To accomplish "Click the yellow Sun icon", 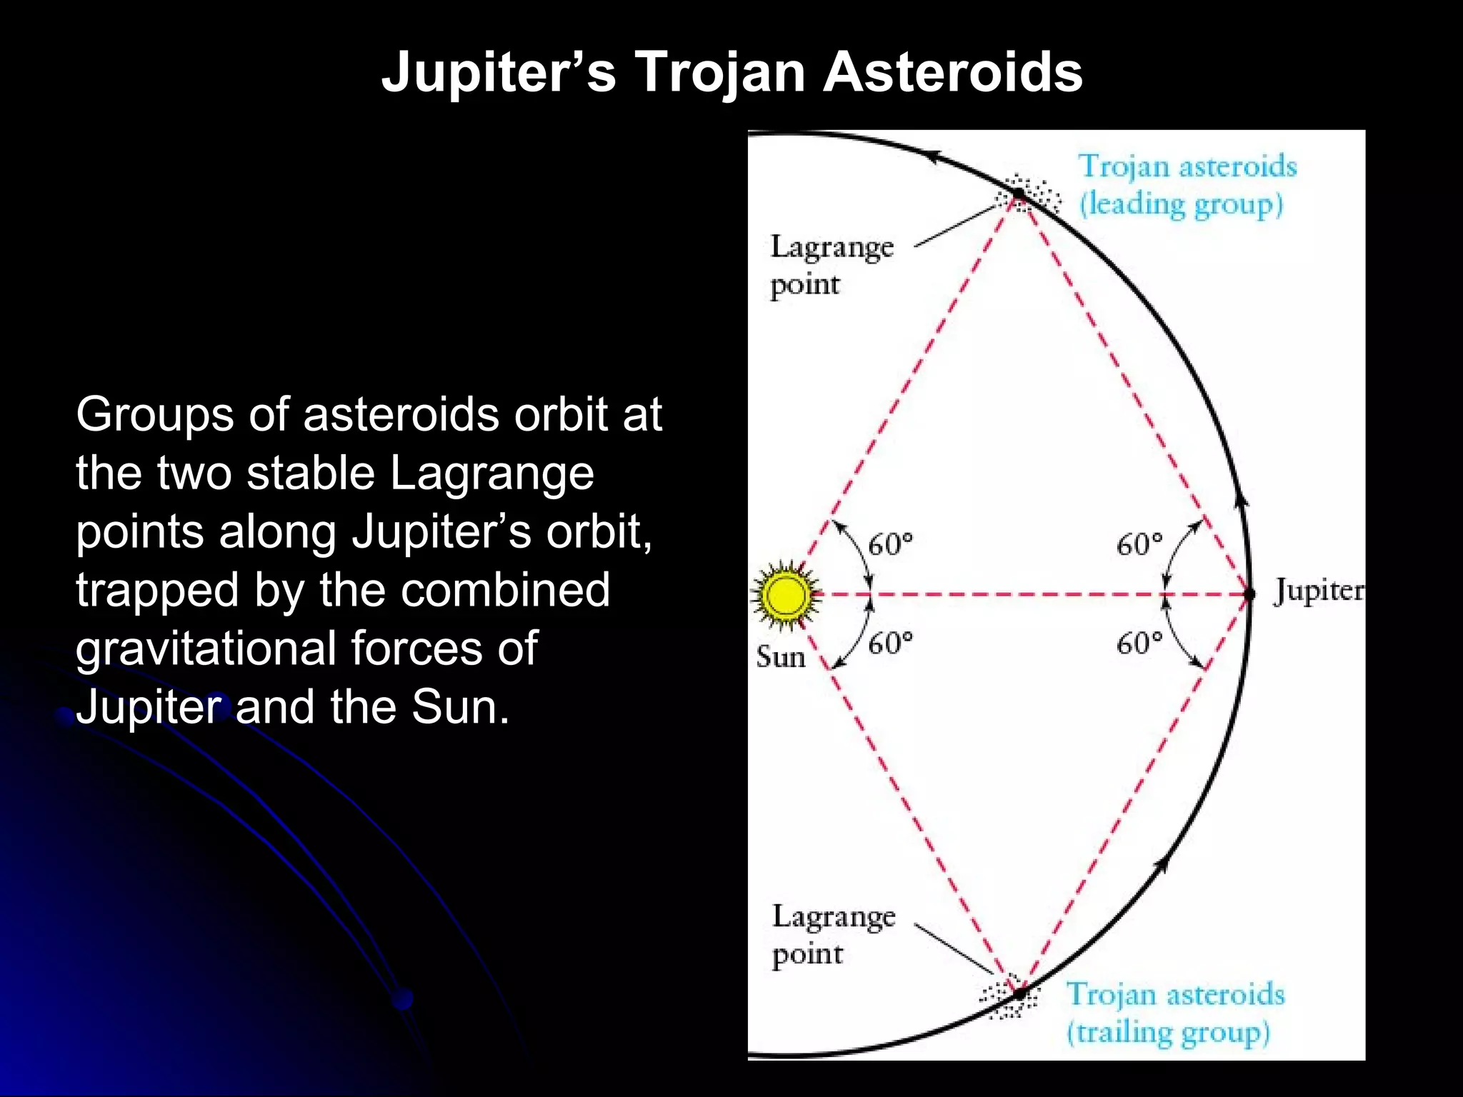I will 784,595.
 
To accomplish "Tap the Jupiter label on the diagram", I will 1318,591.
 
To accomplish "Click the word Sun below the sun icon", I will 780,657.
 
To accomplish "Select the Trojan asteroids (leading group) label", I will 1186,185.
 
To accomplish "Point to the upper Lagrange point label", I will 831,266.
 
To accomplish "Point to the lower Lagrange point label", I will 833,935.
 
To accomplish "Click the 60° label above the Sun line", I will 890,545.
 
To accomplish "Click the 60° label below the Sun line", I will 890,643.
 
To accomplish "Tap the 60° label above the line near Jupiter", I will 1139,545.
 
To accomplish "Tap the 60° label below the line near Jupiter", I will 1139,643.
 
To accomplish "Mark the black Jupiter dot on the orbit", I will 1249,594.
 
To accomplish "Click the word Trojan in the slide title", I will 720,73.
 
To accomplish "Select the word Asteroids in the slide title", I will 953,73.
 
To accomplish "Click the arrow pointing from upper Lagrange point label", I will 957,225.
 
